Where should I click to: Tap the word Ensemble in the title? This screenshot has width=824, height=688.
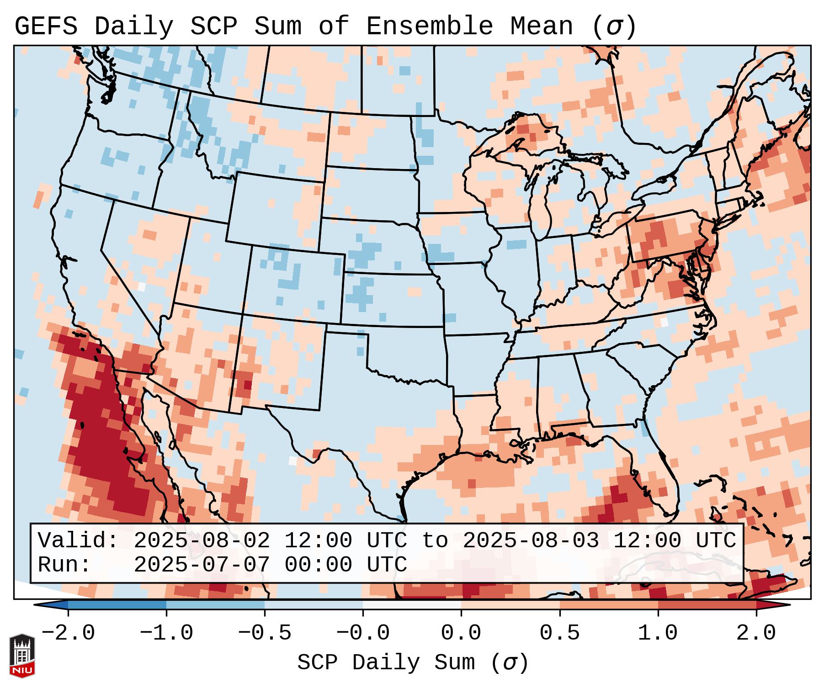click(430, 26)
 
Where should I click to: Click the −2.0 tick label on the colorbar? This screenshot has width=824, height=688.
click(68, 633)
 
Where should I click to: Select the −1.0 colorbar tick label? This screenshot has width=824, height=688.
click(166, 633)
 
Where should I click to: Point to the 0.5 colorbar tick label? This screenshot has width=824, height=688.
click(559, 633)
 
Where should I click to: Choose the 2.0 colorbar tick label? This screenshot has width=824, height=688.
click(756, 633)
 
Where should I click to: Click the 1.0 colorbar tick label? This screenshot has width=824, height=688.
click(658, 633)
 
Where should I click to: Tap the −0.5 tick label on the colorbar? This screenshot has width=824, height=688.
click(265, 633)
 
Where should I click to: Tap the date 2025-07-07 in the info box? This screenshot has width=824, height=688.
click(202, 565)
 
